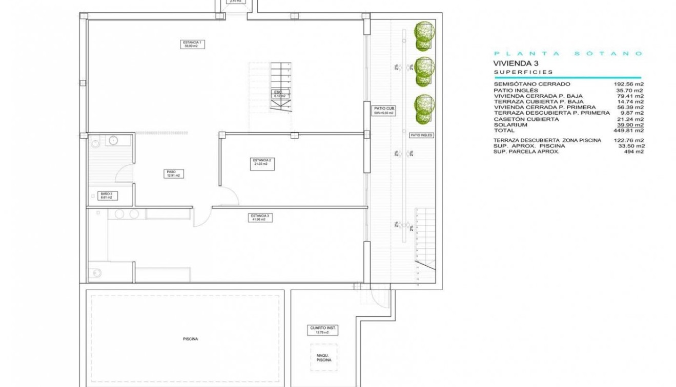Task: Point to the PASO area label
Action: tap(172, 174)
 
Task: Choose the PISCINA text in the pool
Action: tap(190, 339)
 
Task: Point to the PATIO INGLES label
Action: tap(421, 135)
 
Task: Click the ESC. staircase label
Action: tap(279, 94)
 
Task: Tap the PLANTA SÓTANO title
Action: tap(568, 53)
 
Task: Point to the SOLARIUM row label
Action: tap(510, 125)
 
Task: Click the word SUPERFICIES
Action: tap(523, 72)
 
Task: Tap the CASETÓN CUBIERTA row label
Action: tap(526, 119)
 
